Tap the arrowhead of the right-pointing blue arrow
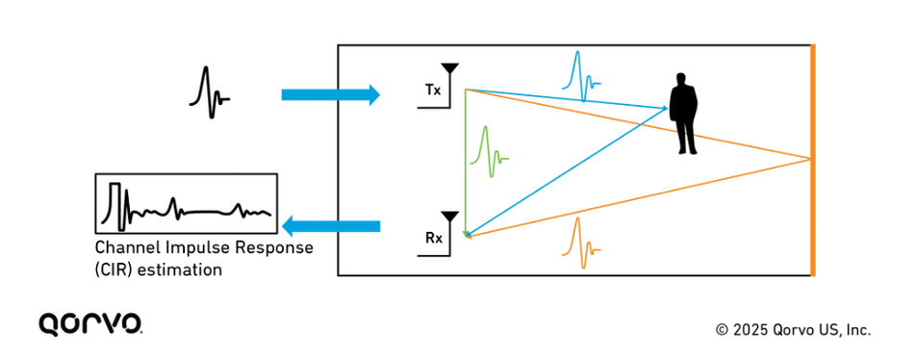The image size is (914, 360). tap(372, 94)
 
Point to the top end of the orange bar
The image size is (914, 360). tap(813, 45)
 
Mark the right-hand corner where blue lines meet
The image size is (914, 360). tap(667, 107)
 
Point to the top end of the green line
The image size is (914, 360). tap(465, 89)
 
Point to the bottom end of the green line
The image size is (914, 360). tap(465, 235)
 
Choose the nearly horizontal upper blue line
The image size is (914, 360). tap(568, 98)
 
